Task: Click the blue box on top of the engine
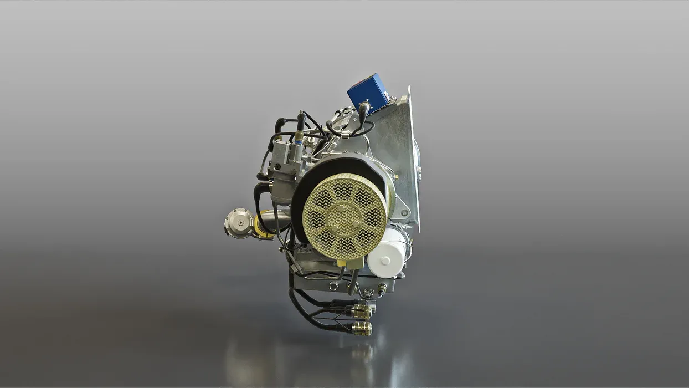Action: [368, 91]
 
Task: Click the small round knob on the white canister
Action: [385, 259]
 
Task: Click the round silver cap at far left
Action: [239, 222]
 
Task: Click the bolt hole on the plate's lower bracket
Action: [406, 213]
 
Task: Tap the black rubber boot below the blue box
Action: [364, 110]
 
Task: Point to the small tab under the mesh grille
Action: [351, 263]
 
